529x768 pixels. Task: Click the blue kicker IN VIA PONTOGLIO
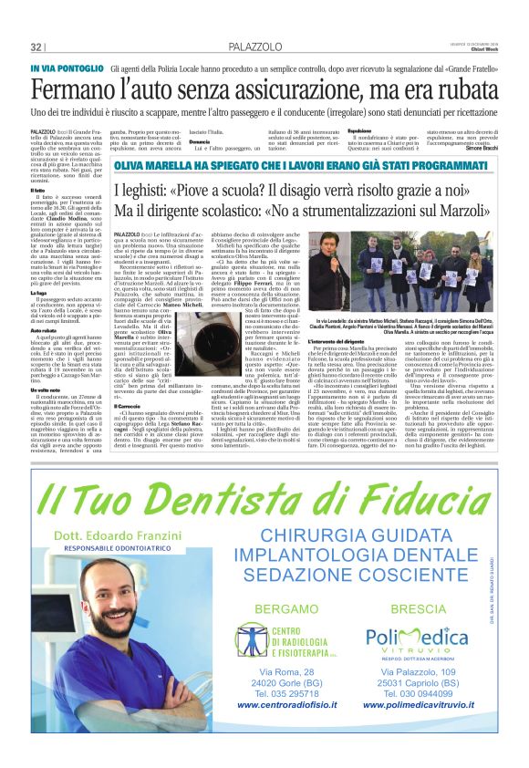point(66,68)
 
